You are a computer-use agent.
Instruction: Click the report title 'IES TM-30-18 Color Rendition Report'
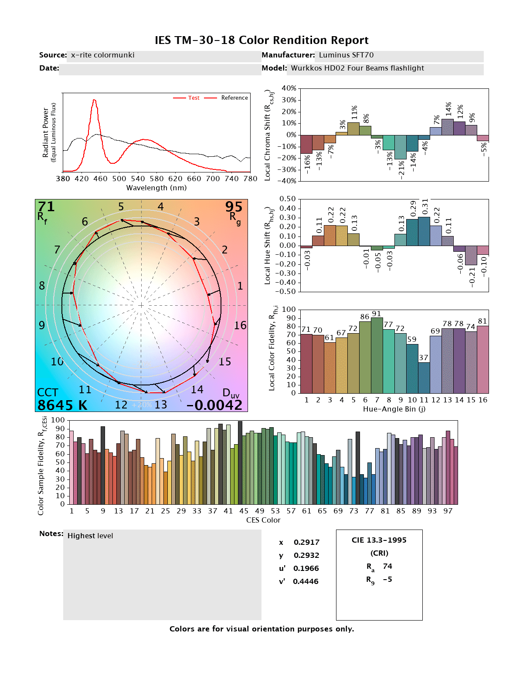[x=261, y=40]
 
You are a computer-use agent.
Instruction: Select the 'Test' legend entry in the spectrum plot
[x=194, y=98]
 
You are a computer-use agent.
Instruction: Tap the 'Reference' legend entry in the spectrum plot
[x=234, y=98]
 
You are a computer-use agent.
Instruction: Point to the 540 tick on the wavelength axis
[x=138, y=179]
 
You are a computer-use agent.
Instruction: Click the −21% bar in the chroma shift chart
[x=401, y=147]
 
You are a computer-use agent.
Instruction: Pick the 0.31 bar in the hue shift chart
[x=424, y=231]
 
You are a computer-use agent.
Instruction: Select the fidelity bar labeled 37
[x=424, y=378]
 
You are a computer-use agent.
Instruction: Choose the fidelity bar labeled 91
[x=377, y=355]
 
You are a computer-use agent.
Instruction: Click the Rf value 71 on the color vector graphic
[x=46, y=206]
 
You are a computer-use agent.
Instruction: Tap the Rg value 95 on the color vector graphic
[x=234, y=206]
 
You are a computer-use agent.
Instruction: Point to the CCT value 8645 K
[x=62, y=405]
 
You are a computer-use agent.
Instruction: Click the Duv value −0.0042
[x=214, y=405]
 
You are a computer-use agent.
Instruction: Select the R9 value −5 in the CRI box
[x=387, y=579]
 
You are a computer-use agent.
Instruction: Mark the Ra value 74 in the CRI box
[x=387, y=566]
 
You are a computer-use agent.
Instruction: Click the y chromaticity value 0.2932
[x=306, y=555]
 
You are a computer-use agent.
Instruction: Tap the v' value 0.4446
[x=306, y=581]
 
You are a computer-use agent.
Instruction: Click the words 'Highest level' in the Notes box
[x=90, y=536]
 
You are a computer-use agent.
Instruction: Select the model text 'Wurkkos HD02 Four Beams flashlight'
[x=357, y=68]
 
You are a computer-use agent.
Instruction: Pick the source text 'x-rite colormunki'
[x=103, y=55]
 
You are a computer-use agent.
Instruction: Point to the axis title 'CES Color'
[x=263, y=520]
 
